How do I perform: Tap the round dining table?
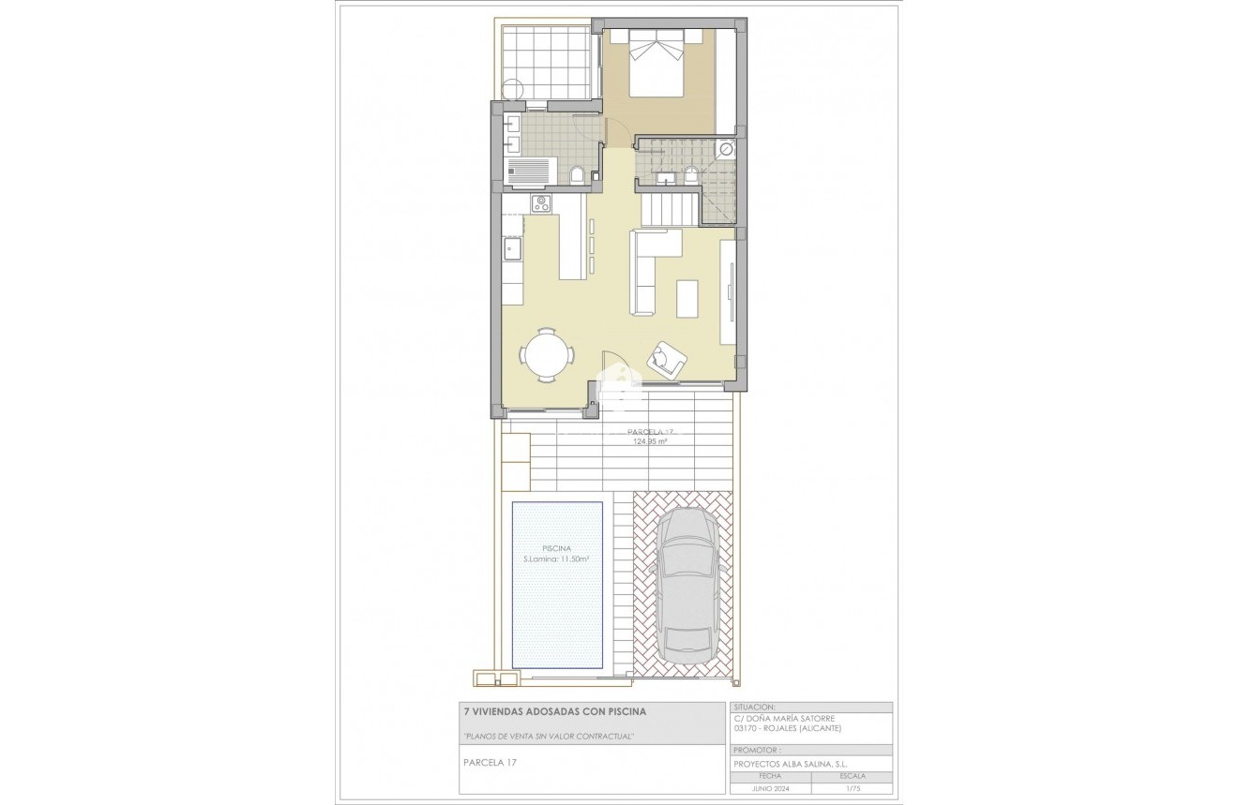pyautogui.click(x=547, y=355)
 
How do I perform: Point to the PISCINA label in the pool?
pyautogui.click(x=557, y=548)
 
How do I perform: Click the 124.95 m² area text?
pyautogui.click(x=649, y=440)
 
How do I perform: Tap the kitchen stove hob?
pyautogui.click(x=541, y=203)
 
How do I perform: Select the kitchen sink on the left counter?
pyautogui.click(x=511, y=248)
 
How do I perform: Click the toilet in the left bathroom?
pyautogui.click(x=577, y=175)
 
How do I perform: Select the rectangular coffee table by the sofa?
pyautogui.click(x=687, y=299)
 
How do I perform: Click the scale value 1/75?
pyautogui.click(x=853, y=788)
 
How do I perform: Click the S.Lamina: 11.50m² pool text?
pyautogui.click(x=556, y=559)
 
